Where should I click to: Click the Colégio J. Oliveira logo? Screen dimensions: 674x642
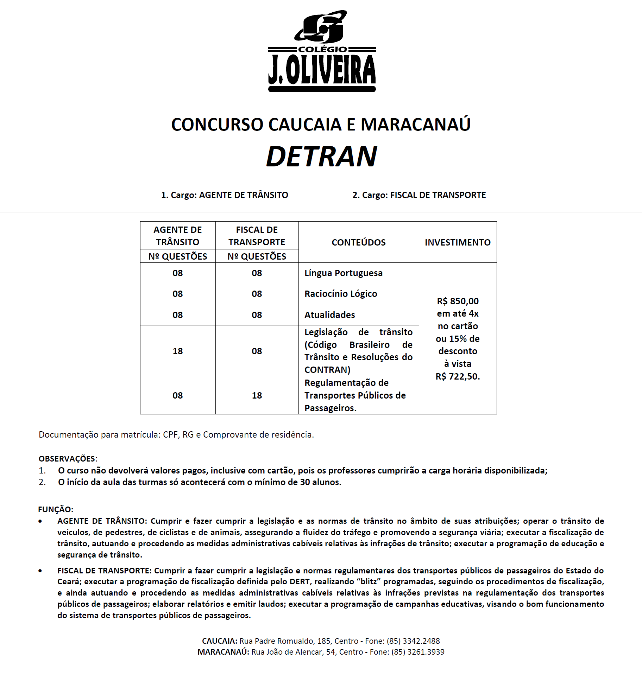click(322, 51)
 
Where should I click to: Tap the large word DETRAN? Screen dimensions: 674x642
click(321, 156)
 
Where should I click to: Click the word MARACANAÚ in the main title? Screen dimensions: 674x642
click(415, 125)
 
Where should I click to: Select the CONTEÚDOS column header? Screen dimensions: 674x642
click(358, 242)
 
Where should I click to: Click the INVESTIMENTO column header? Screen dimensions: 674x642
click(457, 242)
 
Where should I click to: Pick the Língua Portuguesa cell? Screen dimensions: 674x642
click(343, 273)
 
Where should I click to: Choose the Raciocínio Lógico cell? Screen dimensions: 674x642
click(340, 294)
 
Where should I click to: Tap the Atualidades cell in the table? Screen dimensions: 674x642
click(329, 315)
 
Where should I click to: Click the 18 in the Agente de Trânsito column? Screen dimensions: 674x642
click(177, 351)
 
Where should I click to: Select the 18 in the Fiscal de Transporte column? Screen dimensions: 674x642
click(257, 395)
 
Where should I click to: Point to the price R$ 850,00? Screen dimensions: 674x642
click(458, 301)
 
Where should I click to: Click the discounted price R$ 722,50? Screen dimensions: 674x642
click(457, 376)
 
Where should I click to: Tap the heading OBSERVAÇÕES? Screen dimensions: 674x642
click(67, 459)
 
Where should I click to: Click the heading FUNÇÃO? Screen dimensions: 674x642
click(55, 509)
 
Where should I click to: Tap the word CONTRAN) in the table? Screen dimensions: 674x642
click(327, 370)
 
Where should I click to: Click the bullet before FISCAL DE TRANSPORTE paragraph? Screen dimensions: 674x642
click(40, 571)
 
